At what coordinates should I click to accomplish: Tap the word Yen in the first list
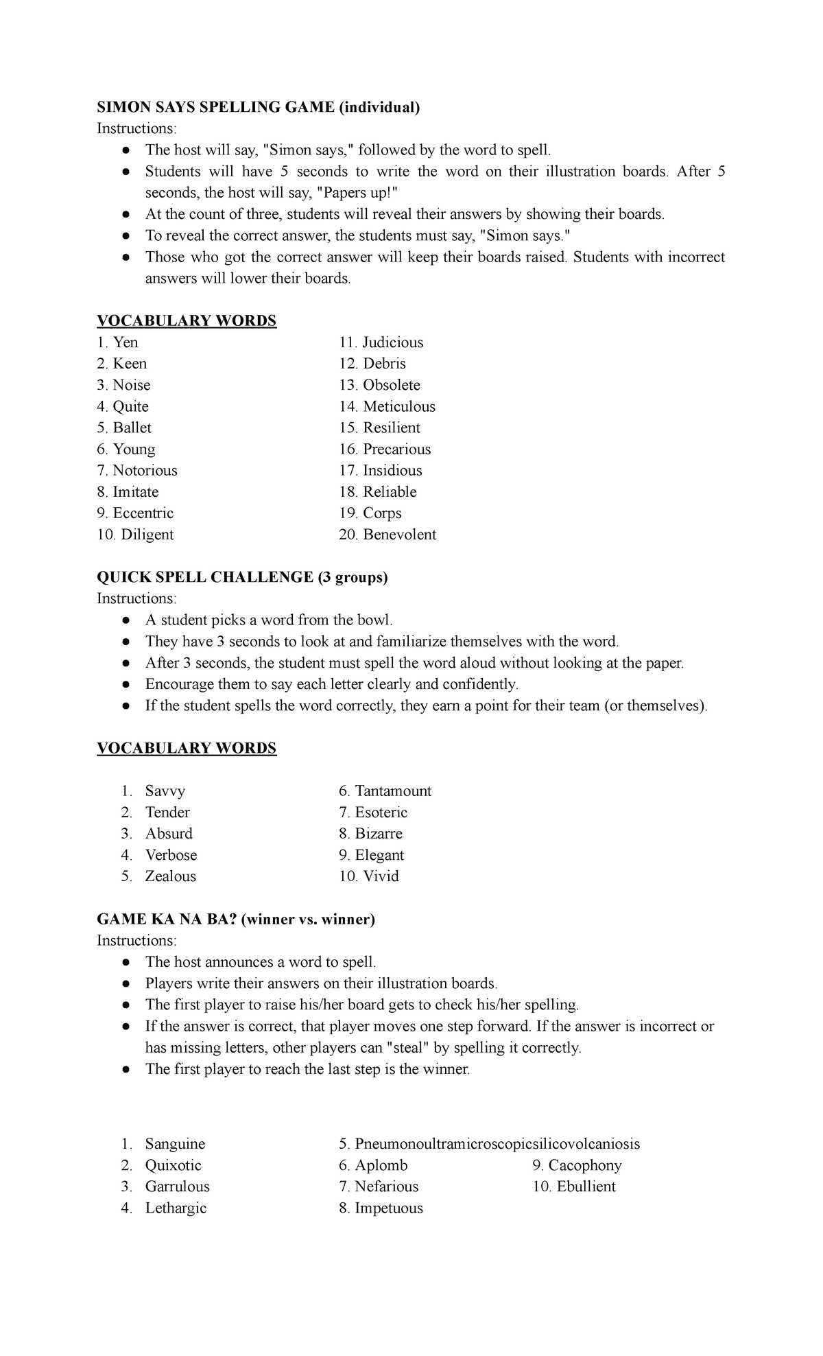pos(126,342)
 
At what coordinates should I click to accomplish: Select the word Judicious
pos(392,342)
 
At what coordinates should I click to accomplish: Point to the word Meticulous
pos(398,406)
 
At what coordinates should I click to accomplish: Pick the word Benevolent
pos(399,535)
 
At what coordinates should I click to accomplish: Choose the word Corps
pos(382,513)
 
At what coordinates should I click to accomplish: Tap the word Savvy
pos(165,791)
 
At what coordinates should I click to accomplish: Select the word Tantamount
pos(393,791)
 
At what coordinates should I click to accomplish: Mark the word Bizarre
pos(379,834)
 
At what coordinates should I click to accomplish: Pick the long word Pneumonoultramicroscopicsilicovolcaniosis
pos(497,1144)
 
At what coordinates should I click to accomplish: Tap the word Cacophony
pos(585,1165)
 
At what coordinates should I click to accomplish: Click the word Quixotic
pos(174,1165)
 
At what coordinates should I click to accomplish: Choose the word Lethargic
pos(176,1208)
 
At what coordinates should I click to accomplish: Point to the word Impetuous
pos(389,1208)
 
